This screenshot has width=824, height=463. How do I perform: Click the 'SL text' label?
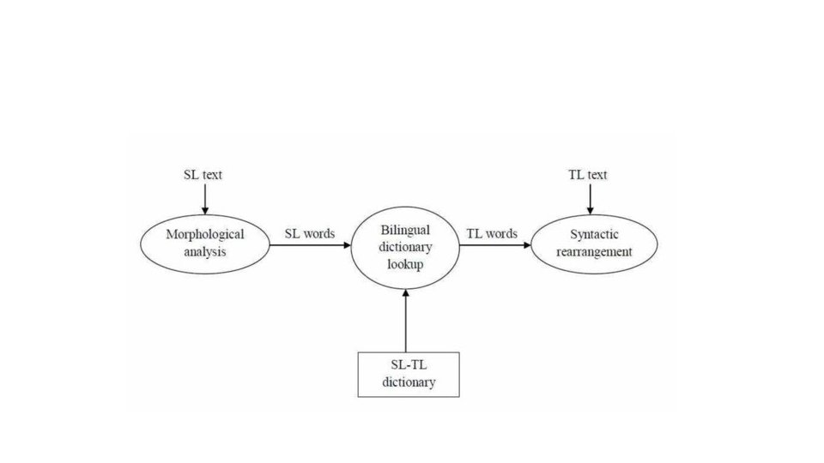tap(203, 175)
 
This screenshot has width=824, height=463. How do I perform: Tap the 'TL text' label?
tap(587, 175)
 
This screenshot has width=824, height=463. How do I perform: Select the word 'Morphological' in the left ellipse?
tap(205, 235)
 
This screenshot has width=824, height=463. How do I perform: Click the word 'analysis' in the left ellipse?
tap(205, 252)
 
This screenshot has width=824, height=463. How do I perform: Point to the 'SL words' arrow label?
tap(310, 233)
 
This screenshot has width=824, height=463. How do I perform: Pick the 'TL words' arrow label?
tap(492, 233)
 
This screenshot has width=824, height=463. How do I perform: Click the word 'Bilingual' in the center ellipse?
tap(405, 230)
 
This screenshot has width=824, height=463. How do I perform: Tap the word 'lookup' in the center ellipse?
tap(405, 264)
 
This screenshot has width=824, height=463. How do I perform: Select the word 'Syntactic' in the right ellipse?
tap(594, 235)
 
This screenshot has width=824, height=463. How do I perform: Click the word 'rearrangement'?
tap(594, 252)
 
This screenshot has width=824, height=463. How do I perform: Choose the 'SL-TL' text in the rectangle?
tap(409, 365)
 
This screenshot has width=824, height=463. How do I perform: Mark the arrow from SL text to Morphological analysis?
tap(205, 199)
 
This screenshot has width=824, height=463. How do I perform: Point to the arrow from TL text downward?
tap(591, 199)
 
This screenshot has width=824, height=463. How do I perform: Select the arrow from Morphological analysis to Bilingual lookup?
tap(310, 245)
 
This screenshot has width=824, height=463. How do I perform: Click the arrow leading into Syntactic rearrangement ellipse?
tap(495, 245)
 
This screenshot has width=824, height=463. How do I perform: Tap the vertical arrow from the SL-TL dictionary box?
tap(406, 320)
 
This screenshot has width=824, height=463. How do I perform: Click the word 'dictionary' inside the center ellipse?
tap(405, 247)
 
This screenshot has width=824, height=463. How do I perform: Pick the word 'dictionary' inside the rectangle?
tap(409, 382)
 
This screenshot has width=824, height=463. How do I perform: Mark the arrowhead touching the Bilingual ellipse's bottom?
tap(406, 292)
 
